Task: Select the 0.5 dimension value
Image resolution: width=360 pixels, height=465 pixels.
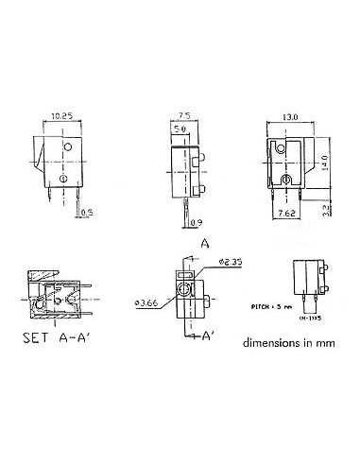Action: click(86, 212)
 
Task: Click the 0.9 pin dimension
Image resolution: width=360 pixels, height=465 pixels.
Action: click(196, 222)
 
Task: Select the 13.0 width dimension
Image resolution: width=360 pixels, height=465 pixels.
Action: click(290, 118)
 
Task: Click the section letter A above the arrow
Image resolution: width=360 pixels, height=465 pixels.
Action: click(204, 241)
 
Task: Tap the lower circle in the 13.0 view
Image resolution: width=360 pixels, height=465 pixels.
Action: click(285, 179)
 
